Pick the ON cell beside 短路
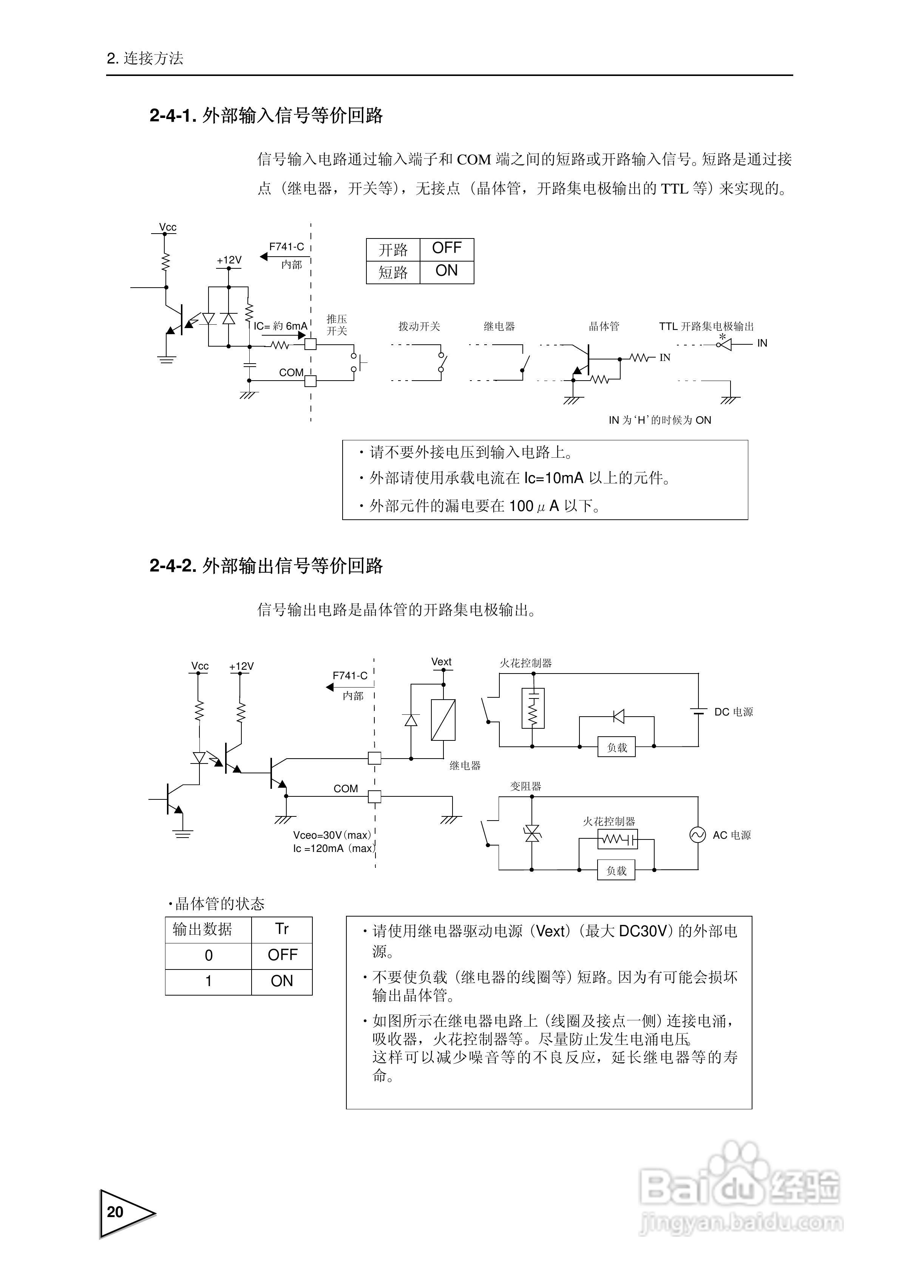[447, 272]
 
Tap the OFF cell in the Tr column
[282, 955]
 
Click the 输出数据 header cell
[202, 929]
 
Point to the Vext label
[441, 661]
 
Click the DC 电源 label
[733, 712]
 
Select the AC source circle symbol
[697, 835]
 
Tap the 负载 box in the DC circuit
[617, 747]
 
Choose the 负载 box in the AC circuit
[616, 870]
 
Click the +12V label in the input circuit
[229, 260]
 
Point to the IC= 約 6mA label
[280, 326]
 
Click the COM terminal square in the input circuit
[310, 381]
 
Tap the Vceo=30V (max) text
[331, 835]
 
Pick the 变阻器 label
[525, 786]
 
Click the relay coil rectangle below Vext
[443, 720]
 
